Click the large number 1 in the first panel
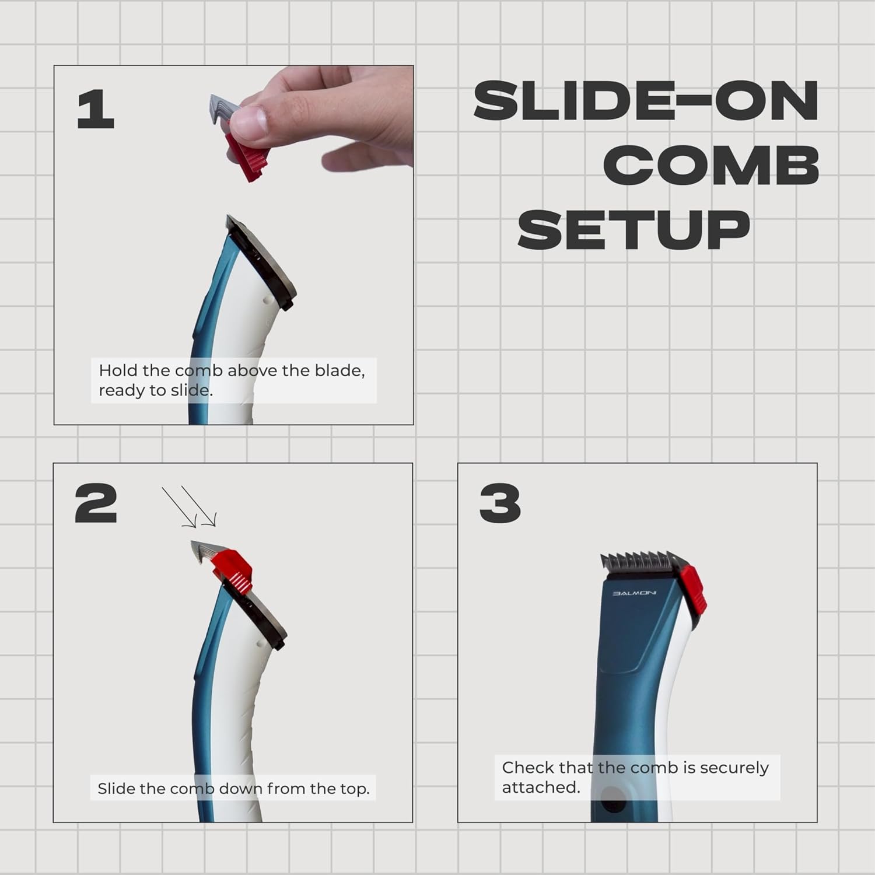pyautogui.click(x=96, y=110)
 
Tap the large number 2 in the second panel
pyautogui.click(x=96, y=503)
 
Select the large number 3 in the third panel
pyautogui.click(x=500, y=503)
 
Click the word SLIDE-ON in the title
pyautogui.click(x=646, y=101)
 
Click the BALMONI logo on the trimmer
pyautogui.click(x=634, y=593)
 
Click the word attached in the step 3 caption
pyautogui.click(x=541, y=787)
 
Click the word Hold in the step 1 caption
pyautogui.click(x=118, y=370)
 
